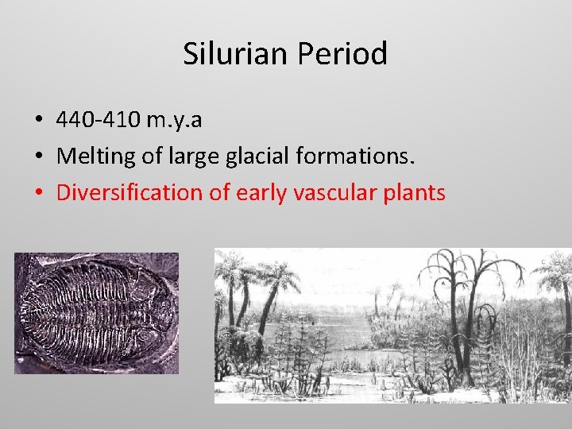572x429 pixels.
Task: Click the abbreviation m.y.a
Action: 176,120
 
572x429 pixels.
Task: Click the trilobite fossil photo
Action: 96,313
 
